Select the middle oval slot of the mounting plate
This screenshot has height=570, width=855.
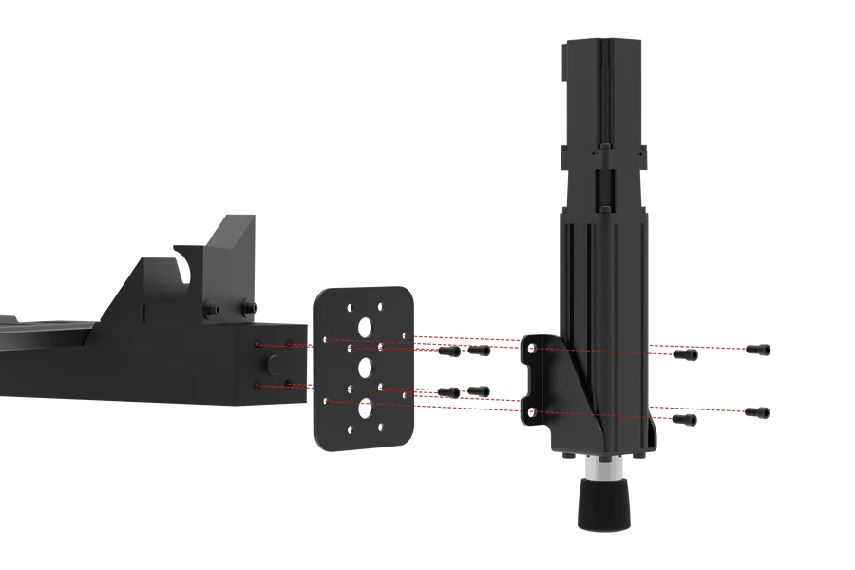click(365, 367)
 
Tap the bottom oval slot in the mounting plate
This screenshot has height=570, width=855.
click(365, 408)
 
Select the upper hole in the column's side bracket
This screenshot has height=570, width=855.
click(532, 350)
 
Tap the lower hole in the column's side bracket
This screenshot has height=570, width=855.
click(532, 411)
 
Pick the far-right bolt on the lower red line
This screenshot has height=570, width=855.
click(758, 411)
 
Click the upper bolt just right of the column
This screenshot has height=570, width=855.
click(685, 355)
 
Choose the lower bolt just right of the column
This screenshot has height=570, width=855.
click(685, 419)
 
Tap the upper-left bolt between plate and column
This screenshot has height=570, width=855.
click(449, 352)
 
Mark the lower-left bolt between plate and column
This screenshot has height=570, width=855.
click(449, 392)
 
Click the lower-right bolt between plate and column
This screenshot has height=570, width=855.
click(479, 390)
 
